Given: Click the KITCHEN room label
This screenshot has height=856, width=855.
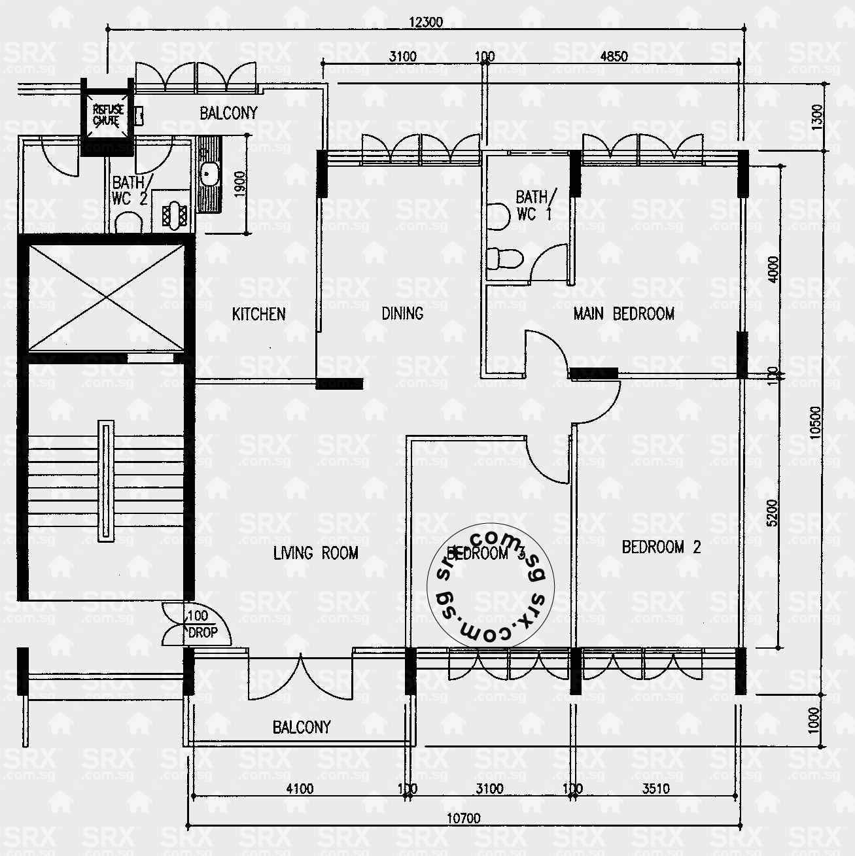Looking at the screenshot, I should click(258, 314).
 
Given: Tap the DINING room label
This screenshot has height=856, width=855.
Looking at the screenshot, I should click(402, 314).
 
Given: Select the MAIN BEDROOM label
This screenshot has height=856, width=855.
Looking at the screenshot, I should click(623, 314).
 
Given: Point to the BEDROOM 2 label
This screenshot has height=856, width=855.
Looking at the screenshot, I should click(661, 547).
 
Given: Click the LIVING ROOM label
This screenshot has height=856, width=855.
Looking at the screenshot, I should click(315, 553).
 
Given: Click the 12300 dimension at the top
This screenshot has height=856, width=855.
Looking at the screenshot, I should click(426, 22).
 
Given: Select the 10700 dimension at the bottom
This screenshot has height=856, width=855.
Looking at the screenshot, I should click(463, 818).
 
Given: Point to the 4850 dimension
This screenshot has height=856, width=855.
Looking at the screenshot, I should click(614, 56).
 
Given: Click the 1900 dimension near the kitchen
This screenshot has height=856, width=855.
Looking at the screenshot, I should click(239, 185).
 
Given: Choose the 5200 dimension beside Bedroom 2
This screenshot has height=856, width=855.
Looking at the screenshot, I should click(773, 513).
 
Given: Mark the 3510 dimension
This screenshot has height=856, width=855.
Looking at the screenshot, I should click(655, 789).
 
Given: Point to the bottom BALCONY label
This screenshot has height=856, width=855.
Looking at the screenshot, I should click(302, 727).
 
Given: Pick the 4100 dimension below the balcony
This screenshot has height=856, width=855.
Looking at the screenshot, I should click(300, 789).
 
